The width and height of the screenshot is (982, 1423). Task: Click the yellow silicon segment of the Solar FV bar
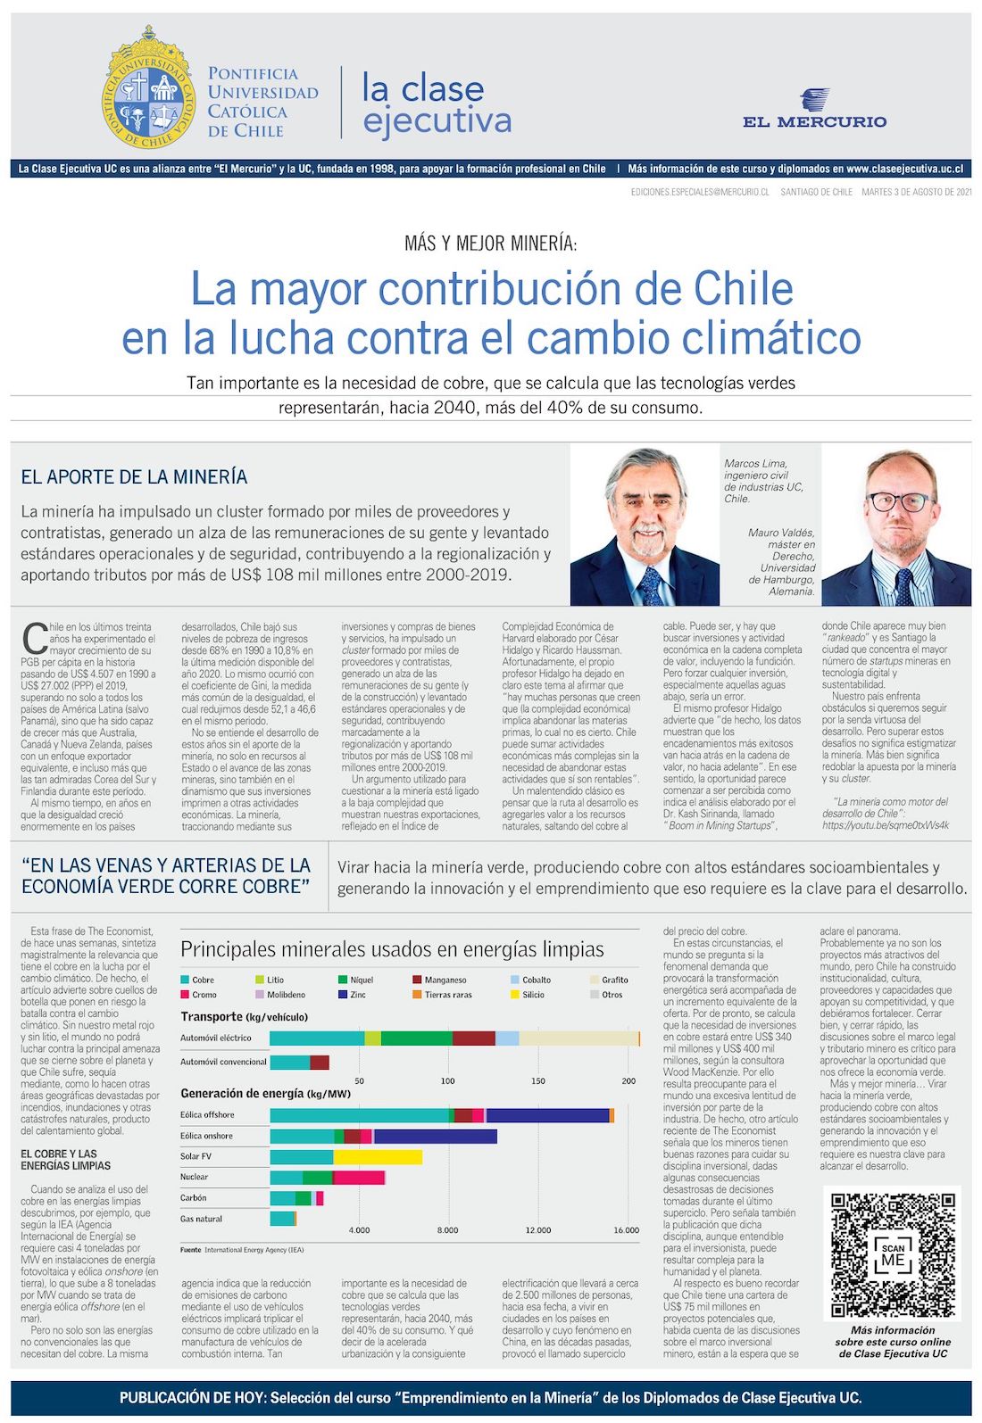point(378,1157)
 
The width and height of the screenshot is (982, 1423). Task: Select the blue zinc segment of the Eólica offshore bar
point(547,1115)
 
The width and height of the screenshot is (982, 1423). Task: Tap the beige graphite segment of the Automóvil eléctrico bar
point(578,1038)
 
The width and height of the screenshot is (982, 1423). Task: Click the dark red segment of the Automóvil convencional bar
point(320,1062)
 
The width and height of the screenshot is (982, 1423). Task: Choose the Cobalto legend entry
point(536,980)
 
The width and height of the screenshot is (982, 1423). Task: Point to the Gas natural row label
point(201,1219)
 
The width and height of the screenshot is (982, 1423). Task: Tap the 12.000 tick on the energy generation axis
point(537,1230)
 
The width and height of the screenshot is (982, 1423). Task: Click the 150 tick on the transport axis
point(538,1080)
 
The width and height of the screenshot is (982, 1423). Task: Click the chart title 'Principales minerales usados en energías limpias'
point(392,949)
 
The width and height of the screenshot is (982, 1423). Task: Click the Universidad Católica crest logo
point(148,87)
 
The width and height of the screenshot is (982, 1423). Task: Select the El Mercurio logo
point(814,110)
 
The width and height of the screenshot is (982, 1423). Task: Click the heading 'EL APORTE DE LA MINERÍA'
point(134,477)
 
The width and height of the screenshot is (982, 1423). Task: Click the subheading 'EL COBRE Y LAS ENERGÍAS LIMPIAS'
point(66,1159)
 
